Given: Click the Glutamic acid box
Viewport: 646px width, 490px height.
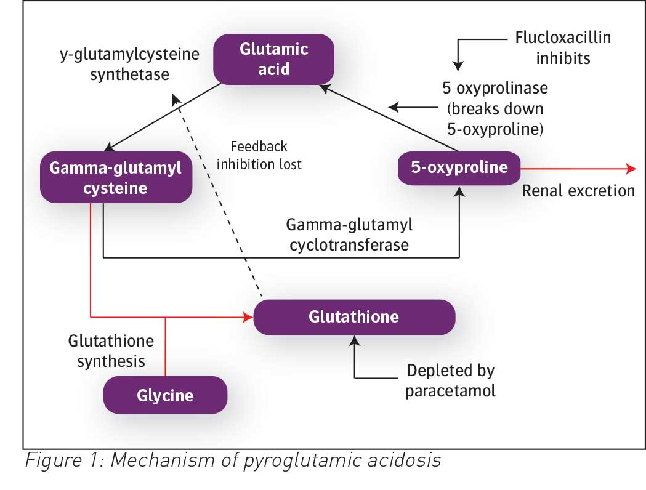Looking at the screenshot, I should click(x=273, y=58).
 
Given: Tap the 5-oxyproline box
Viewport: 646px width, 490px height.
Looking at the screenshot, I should click(x=459, y=167).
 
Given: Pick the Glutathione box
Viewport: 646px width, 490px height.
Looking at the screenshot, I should click(x=354, y=317).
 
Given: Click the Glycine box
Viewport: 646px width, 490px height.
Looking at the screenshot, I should click(x=165, y=395).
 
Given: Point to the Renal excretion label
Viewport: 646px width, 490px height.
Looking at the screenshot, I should click(x=578, y=190).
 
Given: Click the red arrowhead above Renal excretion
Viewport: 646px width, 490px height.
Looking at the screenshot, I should click(x=631, y=169).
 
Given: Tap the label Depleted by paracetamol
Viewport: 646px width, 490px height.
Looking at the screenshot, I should click(x=450, y=381).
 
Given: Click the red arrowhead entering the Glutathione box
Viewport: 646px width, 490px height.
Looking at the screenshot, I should click(x=248, y=318).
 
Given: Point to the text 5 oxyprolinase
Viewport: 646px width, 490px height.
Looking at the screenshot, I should click(x=495, y=88).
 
